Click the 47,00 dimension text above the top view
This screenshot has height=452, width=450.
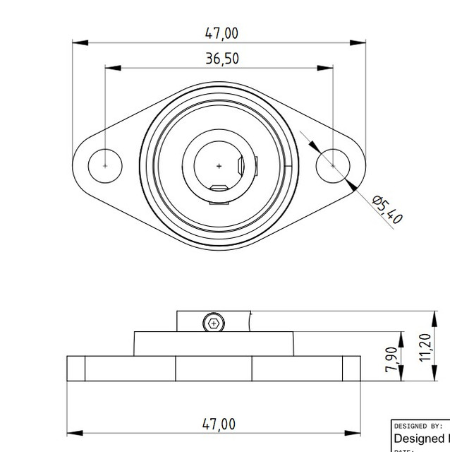point(221,33)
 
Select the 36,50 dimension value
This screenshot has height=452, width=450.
point(221,59)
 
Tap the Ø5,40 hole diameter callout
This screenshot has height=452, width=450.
point(387,210)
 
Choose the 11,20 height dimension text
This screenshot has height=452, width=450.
point(425,347)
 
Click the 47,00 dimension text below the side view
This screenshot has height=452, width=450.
point(219,424)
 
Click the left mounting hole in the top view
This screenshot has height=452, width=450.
point(105,165)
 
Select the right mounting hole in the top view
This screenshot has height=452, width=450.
point(333,165)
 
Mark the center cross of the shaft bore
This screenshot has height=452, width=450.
point(219,166)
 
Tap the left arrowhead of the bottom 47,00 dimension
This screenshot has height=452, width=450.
point(74,432)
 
